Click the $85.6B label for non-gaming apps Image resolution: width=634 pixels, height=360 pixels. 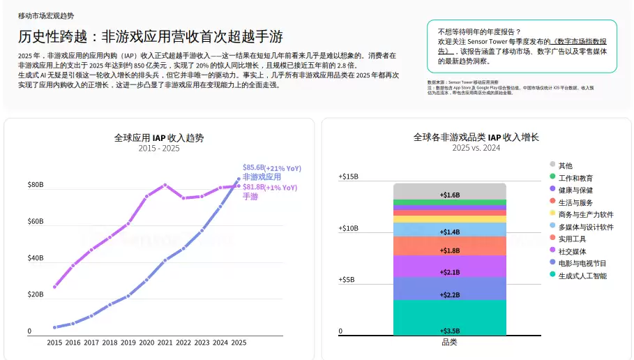click(253, 167)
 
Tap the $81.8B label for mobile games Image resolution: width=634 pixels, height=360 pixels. click(253, 187)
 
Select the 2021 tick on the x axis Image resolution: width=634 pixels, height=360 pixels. click(165, 343)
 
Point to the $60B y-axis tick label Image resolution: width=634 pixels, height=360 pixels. click(36, 221)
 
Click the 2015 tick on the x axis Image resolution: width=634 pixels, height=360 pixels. click(54, 343)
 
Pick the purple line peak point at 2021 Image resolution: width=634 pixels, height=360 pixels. click(165, 185)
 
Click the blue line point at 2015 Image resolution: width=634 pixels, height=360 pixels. click(54, 327)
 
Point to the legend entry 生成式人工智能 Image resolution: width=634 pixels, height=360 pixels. click(582, 276)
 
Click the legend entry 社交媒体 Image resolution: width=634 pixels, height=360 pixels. click(572, 251)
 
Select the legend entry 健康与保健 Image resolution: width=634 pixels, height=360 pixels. click(575, 190)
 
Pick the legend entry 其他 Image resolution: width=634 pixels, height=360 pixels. click(565, 165)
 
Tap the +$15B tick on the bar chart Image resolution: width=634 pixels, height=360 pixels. click(348, 177)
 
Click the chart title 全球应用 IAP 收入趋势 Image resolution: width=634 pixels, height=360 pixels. click(159, 138)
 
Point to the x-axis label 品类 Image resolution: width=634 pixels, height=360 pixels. click(449, 342)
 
